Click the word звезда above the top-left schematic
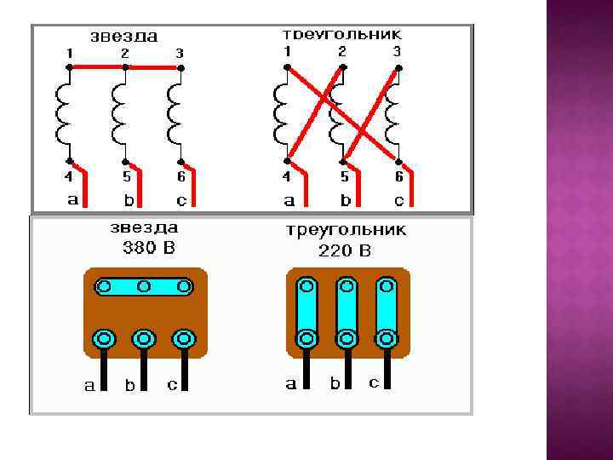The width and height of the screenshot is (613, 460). click(x=124, y=37)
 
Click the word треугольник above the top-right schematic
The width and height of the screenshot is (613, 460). click(x=341, y=36)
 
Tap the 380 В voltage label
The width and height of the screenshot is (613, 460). click(x=144, y=249)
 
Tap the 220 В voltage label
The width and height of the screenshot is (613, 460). click(x=344, y=250)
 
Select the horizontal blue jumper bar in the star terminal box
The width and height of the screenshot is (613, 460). click(x=144, y=286)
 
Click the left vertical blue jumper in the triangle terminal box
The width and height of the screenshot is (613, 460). click(x=306, y=307)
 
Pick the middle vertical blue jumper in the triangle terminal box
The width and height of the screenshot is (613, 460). click(x=347, y=307)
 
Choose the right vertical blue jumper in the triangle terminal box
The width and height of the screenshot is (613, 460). click(x=387, y=307)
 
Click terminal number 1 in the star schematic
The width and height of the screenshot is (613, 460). click(x=69, y=53)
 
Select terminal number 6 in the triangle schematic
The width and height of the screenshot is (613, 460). click(x=398, y=176)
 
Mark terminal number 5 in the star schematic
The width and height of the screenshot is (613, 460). click(x=126, y=177)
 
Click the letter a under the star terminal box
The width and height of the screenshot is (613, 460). click(x=89, y=385)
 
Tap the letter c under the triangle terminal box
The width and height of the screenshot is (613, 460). click(x=373, y=382)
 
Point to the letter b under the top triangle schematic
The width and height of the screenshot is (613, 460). click(x=345, y=201)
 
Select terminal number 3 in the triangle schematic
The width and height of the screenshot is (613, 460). click(x=397, y=52)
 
